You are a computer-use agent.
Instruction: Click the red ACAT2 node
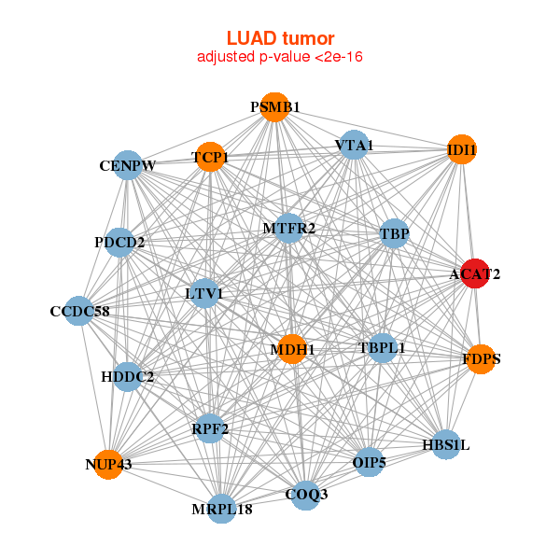pos(475,273)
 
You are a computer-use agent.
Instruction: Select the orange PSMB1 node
pos(273,107)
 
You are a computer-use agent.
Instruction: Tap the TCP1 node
pos(211,158)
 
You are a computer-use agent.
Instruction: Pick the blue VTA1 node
pos(354,145)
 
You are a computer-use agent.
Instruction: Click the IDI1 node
pos(462,149)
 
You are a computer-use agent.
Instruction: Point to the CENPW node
pos(127,166)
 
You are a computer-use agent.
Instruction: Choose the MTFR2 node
pos(289,228)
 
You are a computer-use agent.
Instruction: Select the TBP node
pos(395,233)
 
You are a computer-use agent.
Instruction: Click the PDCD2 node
pos(119,243)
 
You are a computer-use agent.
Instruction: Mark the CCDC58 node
pos(79,311)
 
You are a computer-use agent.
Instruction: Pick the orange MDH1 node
pos(292,349)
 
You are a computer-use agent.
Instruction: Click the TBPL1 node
pos(383,348)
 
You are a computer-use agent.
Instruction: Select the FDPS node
pos(481,358)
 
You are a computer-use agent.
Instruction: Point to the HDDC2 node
pos(128,377)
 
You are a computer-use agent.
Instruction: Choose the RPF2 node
pos(210,428)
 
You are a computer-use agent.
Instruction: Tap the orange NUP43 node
pos(109,463)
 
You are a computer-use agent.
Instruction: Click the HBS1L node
pos(446,444)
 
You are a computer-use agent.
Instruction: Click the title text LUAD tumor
pos(280,38)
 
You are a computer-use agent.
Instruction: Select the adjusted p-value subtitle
pos(280,57)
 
